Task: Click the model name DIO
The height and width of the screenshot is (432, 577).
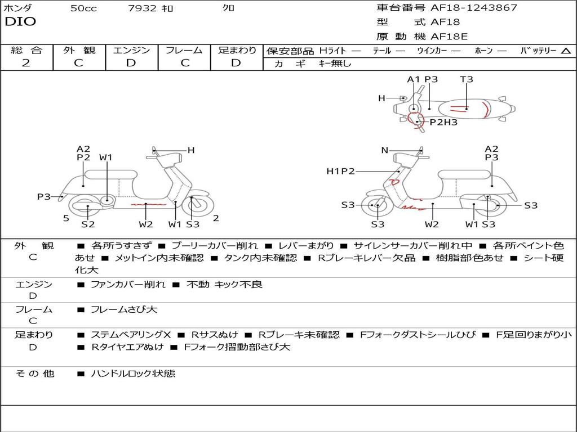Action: click(x=20, y=21)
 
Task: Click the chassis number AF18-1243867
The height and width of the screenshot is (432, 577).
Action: click(x=474, y=7)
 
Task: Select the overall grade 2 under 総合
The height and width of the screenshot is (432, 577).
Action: click(x=26, y=63)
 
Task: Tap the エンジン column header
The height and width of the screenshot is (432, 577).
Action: click(x=131, y=50)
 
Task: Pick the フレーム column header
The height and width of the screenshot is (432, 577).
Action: click(x=184, y=50)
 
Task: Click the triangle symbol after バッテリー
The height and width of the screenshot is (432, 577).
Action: click(x=566, y=51)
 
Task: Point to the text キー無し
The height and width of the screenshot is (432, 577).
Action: click(x=335, y=64)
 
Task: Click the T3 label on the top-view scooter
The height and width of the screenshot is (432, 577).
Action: click(x=466, y=79)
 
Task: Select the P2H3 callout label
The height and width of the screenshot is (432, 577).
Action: click(x=443, y=122)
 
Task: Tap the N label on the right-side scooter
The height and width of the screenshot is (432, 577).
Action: click(x=384, y=150)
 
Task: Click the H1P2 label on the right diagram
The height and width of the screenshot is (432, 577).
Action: click(x=340, y=171)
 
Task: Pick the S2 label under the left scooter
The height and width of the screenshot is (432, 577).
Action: click(x=88, y=224)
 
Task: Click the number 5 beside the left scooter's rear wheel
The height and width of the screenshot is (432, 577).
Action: click(x=66, y=218)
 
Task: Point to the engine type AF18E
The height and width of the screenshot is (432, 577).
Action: click(x=449, y=37)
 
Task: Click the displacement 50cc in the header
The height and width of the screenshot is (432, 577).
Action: click(x=83, y=8)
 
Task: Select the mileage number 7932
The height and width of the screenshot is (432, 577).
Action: click(x=142, y=8)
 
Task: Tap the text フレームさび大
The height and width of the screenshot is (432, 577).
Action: click(x=124, y=310)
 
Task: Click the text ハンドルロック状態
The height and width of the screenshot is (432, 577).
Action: click(x=133, y=373)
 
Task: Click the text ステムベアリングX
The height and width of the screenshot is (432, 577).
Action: click(x=131, y=335)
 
